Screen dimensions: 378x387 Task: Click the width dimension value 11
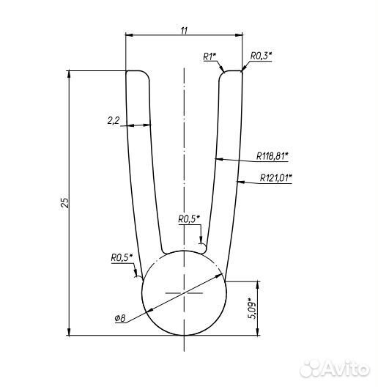click(x=184, y=31)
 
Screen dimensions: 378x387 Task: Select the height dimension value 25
click(x=65, y=202)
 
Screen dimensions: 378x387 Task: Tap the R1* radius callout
click(x=210, y=56)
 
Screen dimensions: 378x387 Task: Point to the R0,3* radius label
click(x=261, y=56)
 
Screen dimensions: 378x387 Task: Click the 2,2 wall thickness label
click(x=114, y=121)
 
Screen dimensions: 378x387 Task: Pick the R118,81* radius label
click(x=273, y=156)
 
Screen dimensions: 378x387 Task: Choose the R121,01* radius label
click(x=276, y=177)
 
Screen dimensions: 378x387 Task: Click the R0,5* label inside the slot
click(x=189, y=219)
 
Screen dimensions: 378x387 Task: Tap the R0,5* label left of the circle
click(x=122, y=258)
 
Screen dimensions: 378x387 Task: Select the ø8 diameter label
click(x=120, y=319)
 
